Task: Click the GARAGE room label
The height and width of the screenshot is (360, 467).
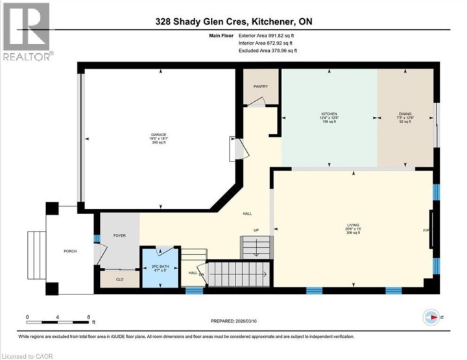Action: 159,135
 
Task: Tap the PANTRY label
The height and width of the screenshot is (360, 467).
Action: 260,86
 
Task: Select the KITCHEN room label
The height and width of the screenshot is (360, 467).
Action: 329,114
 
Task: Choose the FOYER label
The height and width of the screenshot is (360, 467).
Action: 119,236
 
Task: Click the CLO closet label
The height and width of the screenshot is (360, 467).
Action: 119,280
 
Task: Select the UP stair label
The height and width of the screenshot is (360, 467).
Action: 256,230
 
